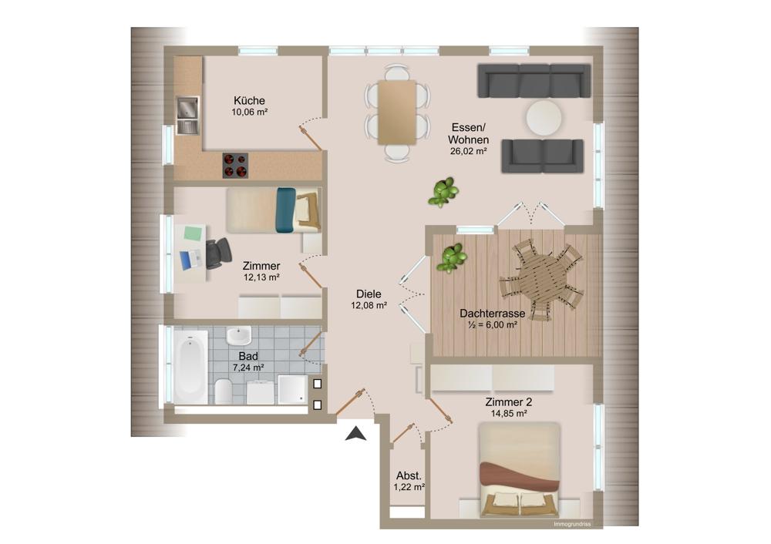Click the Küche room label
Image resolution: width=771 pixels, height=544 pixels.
(249, 101)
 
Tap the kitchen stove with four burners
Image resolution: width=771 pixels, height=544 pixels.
(235, 165)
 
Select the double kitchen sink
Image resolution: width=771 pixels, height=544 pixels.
(188, 116)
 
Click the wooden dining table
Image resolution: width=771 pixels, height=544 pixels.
(397, 112)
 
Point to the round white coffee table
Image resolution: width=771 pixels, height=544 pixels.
(544, 117)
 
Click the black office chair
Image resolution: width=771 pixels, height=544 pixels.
(218, 253)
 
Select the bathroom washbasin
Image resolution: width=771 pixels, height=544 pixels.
(238, 336)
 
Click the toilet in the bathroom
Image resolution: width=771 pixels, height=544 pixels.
(224, 391)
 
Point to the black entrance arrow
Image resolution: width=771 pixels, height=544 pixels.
(355, 434)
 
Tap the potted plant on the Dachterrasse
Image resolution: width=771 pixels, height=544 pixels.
(453, 258)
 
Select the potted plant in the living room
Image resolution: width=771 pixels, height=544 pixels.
(443, 192)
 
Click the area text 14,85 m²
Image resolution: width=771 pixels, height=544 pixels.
(509, 414)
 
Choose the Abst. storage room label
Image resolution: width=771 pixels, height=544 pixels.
(409, 475)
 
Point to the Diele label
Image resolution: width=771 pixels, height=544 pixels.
(369, 294)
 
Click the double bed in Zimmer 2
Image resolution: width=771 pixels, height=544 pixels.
(520, 469)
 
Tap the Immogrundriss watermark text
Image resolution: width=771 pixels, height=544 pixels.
(572, 524)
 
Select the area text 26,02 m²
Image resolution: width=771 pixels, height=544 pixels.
(469, 151)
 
